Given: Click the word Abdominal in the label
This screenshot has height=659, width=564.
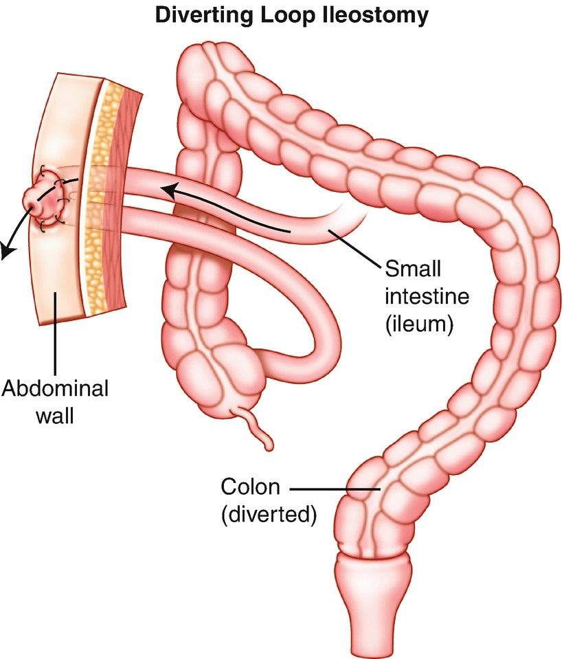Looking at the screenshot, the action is click(x=55, y=388).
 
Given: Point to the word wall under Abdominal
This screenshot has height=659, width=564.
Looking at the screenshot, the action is click(x=56, y=414).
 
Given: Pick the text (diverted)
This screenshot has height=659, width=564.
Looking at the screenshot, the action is click(x=269, y=514).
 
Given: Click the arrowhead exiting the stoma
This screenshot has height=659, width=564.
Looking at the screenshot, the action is click(x=8, y=252).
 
